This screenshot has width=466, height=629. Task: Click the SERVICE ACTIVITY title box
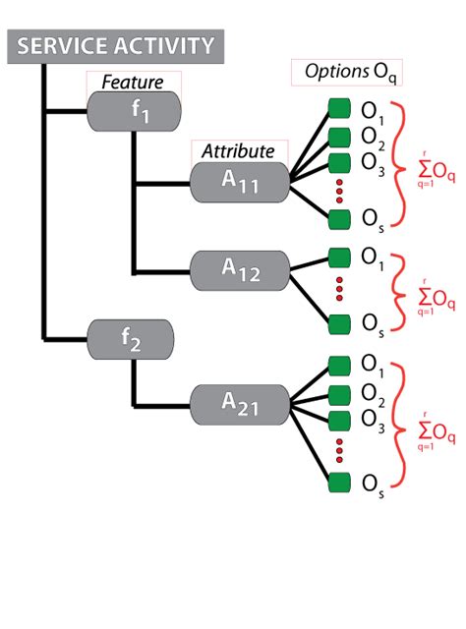pyautogui.click(x=115, y=46)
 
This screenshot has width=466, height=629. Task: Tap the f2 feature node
pyautogui.click(x=133, y=340)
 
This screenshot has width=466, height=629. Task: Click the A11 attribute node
pyautogui.click(x=240, y=183)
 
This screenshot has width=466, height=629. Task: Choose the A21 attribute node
pyautogui.click(x=240, y=403)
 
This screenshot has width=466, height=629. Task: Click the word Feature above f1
pyautogui.click(x=133, y=82)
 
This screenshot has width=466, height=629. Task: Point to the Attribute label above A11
pyautogui.click(x=238, y=151)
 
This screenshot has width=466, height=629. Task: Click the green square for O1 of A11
pyautogui.click(x=339, y=107)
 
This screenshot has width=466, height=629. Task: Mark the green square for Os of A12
pyautogui.click(x=339, y=322)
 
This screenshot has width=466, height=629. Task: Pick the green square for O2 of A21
pyautogui.click(x=339, y=395)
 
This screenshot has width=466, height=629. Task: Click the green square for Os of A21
pyautogui.click(x=339, y=483)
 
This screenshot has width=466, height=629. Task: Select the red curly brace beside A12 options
pyautogui.click(x=399, y=289)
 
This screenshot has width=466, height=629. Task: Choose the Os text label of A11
pyautogui.click(x=373, y=217)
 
